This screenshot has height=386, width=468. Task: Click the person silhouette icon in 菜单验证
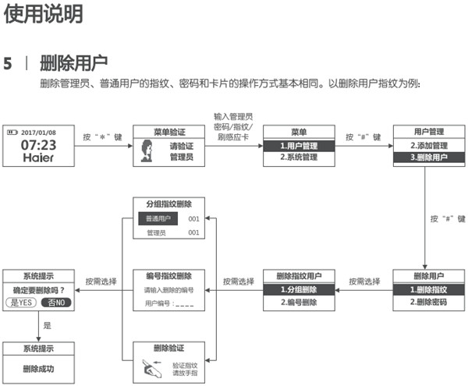(x=146, y=151)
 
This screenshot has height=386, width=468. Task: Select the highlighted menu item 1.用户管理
(x=298, y=146)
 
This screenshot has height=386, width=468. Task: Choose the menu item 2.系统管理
(x=298, y=157)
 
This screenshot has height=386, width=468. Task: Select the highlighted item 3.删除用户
(x=428, y=157)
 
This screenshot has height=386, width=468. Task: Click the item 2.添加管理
(x=428, y=146)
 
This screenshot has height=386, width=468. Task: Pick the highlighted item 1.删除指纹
(x=428, y=290)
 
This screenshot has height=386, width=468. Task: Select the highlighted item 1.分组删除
(x=298, y=290)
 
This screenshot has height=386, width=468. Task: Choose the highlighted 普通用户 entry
(x=158, y=218)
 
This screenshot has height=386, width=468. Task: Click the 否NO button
(x=56, y=303)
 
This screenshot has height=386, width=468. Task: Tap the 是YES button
(x=21, y=303)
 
